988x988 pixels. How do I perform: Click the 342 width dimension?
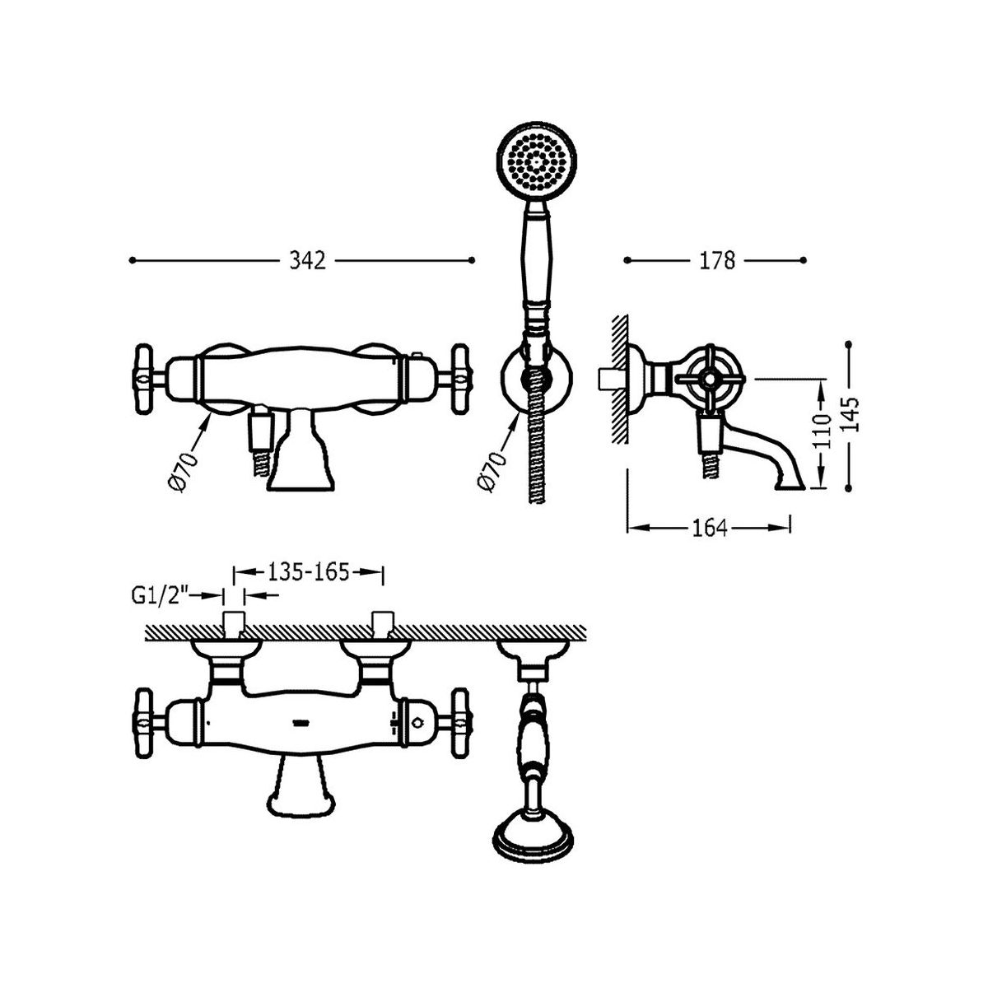(x=307, y=260)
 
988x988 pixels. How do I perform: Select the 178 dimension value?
(x=718, y=260)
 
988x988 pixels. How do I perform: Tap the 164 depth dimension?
(x=710, y=528)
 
